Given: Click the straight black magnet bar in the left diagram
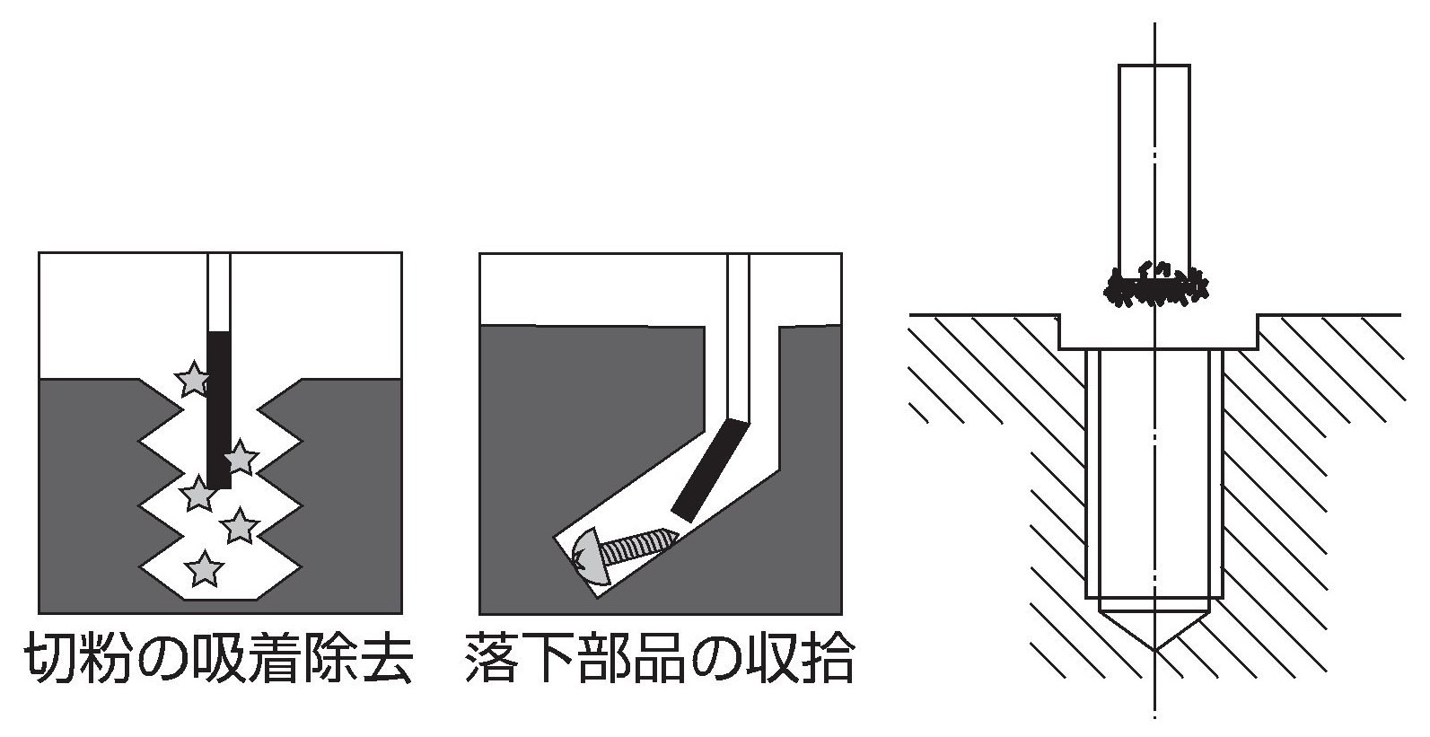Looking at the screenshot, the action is click(x=219, y=410).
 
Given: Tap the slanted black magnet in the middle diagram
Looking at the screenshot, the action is click(x=710, y=470).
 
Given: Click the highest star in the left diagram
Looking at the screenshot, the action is click(x=192, y=380).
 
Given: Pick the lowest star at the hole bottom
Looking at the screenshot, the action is click(x=204, y=568).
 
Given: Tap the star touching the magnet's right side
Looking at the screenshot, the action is click(x=241, y=457).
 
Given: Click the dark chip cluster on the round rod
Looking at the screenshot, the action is click(x=1154, y=287).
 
